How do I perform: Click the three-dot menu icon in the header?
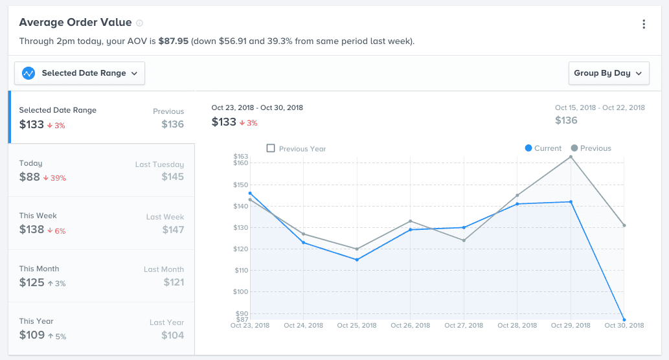pyautogui.click(x=644, y=25)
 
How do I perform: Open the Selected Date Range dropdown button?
pyautogui.click(x=80, y=73)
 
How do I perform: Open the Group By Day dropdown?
pyautogui.click(x=609, y=73)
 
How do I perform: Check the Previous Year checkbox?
pyautogui.click(x=271, y=148)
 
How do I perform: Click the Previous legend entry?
pyautogui.click(x=591, y=148)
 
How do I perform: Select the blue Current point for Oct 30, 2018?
pyautogui.click(x=624, y=320)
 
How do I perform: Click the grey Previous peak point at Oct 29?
pyautogui.click(x=571, y=157)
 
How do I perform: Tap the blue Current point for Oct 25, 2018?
pyautogui.click(x=357, y=260)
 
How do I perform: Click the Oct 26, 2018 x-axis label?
pyautogui.click(x=411, y=326)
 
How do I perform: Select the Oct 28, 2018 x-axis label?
pyautogui.click(x=517, y=326)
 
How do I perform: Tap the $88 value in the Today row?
pyautogui.click(x=30, y=177)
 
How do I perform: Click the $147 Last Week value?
pyautogui.click(x=173, y=229)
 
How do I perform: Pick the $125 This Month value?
pyautogui.click(x=32, y=282)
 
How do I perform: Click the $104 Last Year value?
pyautogui.click(x=173, y=335)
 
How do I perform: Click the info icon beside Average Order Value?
pyautogui.click(x=140, y=23)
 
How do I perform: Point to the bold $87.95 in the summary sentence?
pyautogui.click(x=174, y=41)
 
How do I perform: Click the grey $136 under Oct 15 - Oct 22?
pyautogui.click(x=566, y=120)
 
